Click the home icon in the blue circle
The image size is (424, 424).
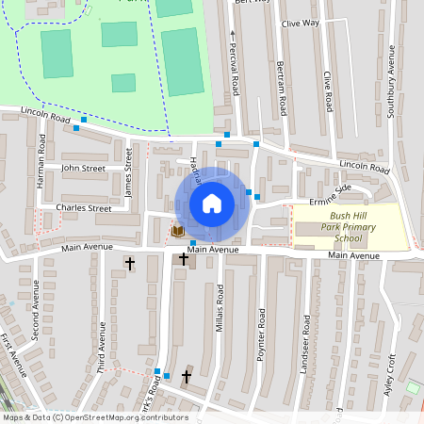[212, 204]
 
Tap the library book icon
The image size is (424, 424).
[177, 230]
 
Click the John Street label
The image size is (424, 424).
[83, 169]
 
